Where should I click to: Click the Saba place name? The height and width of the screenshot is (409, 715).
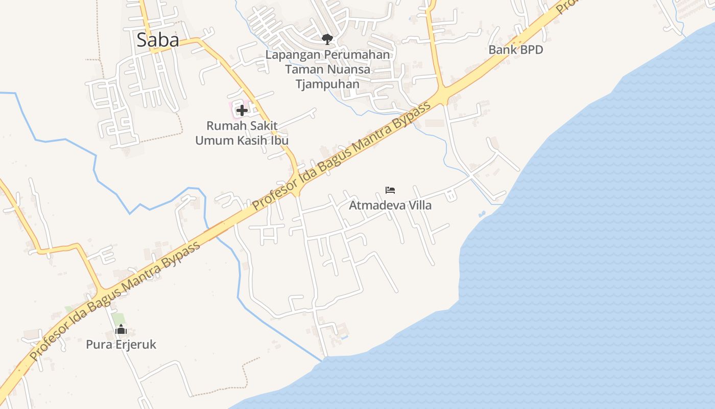coord(158,40)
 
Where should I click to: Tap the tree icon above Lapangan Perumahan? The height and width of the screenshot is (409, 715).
coord(327,39)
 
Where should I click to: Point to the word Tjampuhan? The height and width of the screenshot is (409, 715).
coord(327,84)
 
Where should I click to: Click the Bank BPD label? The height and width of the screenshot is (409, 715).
coord(515,50)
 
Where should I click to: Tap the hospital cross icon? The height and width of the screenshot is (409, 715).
coord(242,110)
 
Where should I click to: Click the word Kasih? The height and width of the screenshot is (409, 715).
coord(254,140)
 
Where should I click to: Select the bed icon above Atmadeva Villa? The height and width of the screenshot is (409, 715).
coord(390,190)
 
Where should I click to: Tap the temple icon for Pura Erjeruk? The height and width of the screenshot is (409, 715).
coord(121,330)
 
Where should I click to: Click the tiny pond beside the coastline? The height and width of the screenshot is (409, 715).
coord(482,214)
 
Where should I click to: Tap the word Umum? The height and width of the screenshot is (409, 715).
coord(214,140)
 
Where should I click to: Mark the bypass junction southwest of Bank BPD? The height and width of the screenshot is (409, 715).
coord(442,96)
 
